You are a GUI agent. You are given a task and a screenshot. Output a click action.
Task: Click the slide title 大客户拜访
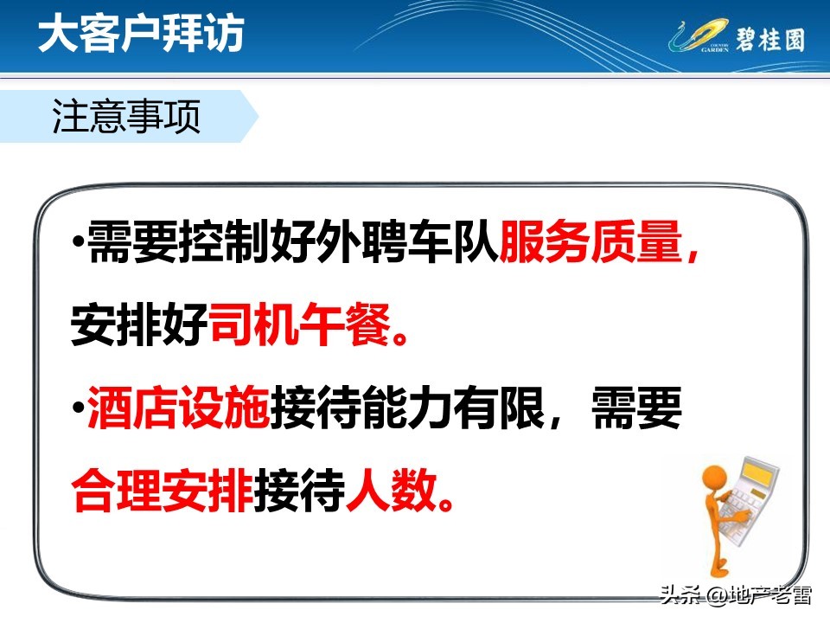pyautogui.click(x=141, y=35)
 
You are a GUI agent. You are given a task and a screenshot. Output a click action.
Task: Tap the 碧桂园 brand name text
pyautogui.click(x=769, y=39)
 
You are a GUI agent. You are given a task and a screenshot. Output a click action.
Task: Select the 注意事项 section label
pyautogui.click(x=127, y=118)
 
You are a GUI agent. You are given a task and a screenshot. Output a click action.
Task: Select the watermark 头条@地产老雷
pyautogui.click(x=735, y=595)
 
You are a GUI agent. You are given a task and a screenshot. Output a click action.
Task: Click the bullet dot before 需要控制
pyautogui.click(x=79, y=240)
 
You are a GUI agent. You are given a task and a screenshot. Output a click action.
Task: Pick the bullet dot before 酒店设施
pyautogui.click(x=79, y=407)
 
